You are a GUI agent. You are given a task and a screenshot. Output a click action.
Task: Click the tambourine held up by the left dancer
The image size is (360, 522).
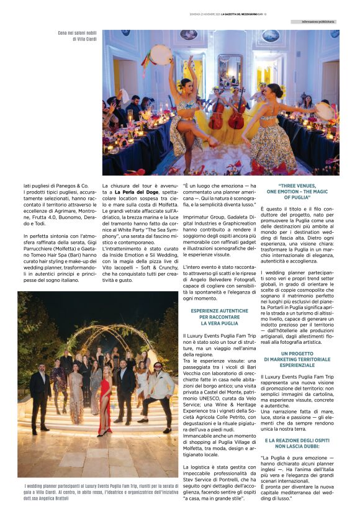(161, 54)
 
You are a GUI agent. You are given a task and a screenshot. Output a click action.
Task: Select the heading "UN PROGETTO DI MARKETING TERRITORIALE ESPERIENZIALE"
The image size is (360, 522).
(297, 359)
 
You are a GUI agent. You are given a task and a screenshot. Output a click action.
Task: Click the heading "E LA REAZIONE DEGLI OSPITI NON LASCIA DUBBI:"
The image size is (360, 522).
(297, 443)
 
